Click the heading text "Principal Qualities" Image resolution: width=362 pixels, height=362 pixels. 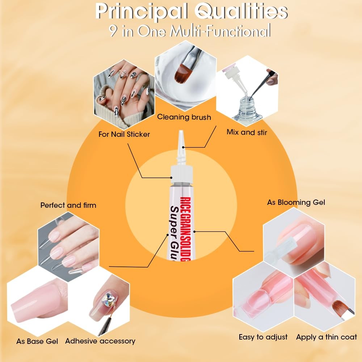[191, 12]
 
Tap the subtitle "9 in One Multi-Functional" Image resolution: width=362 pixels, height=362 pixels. [190, 31]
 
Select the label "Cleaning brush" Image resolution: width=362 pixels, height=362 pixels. [184, 117]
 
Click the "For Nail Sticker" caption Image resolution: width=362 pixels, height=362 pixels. [124, 134]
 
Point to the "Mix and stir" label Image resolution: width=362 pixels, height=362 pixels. [247, 132]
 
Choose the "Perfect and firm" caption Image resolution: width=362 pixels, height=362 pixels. [68, 205]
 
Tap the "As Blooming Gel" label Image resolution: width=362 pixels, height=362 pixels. [296, 202]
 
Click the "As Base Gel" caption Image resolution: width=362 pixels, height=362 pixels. [37, 341]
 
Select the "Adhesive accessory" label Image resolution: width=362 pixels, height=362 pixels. [100, 341]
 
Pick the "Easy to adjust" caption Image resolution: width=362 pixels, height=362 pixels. [263, 337]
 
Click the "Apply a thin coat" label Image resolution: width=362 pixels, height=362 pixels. [327, 337]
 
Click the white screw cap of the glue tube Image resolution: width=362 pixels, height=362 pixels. [181, 173]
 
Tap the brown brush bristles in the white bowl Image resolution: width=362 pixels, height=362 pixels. [181, 73]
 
